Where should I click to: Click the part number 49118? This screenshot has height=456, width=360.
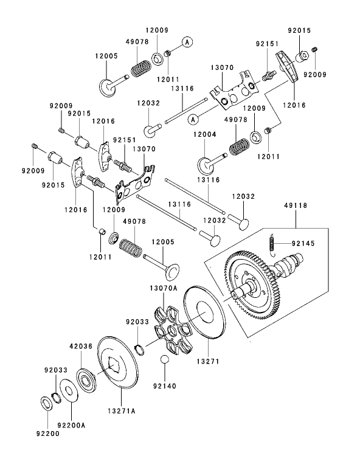295,206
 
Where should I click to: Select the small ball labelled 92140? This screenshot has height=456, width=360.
165,361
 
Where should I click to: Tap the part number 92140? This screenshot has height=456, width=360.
164,385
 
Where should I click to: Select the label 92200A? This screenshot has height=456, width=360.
72,426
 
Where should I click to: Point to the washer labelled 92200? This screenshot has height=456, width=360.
45,402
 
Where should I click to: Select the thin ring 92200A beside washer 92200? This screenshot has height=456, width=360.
67,392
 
